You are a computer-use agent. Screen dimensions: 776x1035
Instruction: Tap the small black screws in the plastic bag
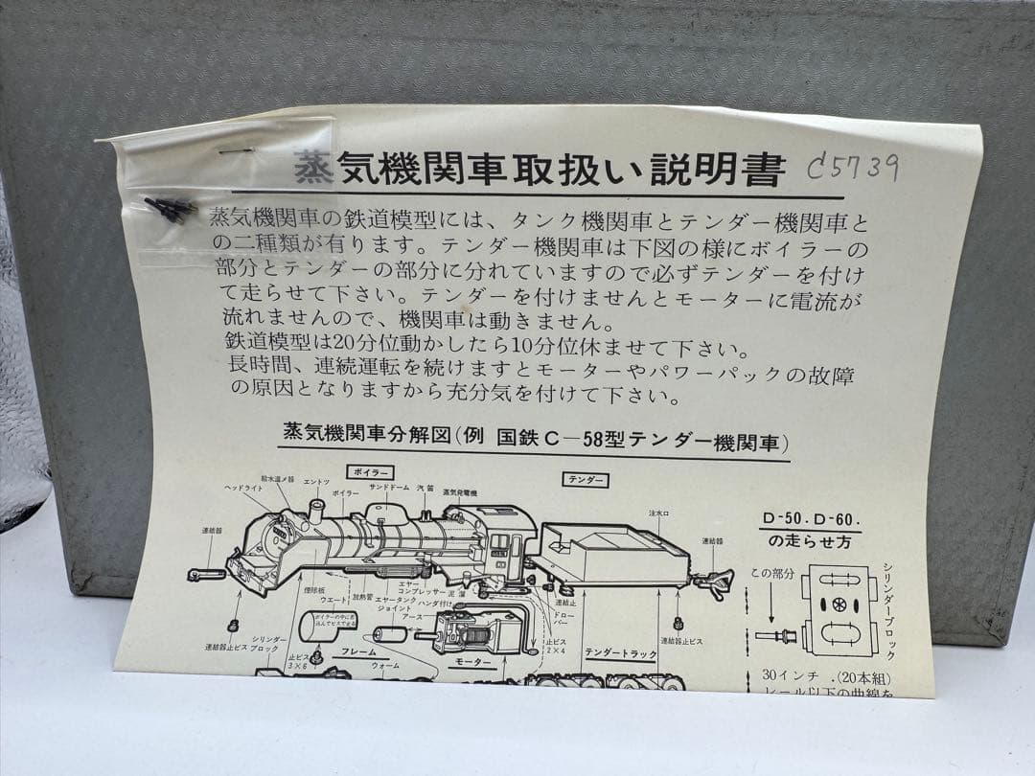pyautogui.click(x=170, y=208)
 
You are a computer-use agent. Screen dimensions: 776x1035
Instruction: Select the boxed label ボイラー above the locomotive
pyautogui.click(x=371, y=472)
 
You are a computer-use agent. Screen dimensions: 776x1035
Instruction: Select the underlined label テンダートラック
pyautogui.click(x=621, y=653)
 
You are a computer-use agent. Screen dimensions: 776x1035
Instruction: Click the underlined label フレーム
pyautogui.click(x=358, y=651)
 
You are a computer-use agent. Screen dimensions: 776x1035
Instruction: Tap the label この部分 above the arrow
pyautogui.click(x=771, y=574)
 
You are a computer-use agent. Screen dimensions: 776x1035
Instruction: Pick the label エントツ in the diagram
pyautogui.click(x=316, y=481)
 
